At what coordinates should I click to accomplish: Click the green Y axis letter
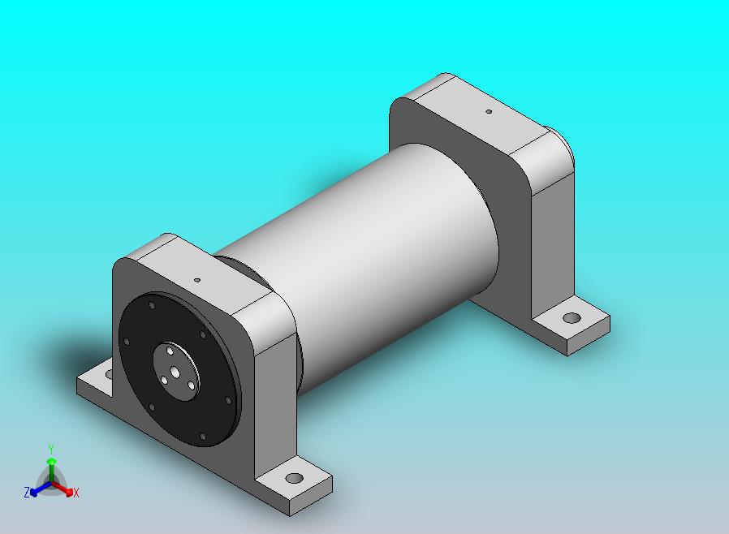(x=51, y=449)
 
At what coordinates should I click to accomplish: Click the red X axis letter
(x=76, y=493)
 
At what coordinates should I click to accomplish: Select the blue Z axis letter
(x=27, y=492)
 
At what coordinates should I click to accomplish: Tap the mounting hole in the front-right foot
(x=295, y=478)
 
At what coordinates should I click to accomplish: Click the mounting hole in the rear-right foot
(x=572, y=318)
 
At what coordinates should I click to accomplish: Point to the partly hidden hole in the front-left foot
(x=110, y=373)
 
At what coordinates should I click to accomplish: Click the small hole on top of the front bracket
(x=197, y=280)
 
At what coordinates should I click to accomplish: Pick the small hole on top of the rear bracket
(x=489, y=111)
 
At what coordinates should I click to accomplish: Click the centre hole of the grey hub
(x=175, y=372)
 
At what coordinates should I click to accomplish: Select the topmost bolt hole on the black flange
(x=152, y=305)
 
